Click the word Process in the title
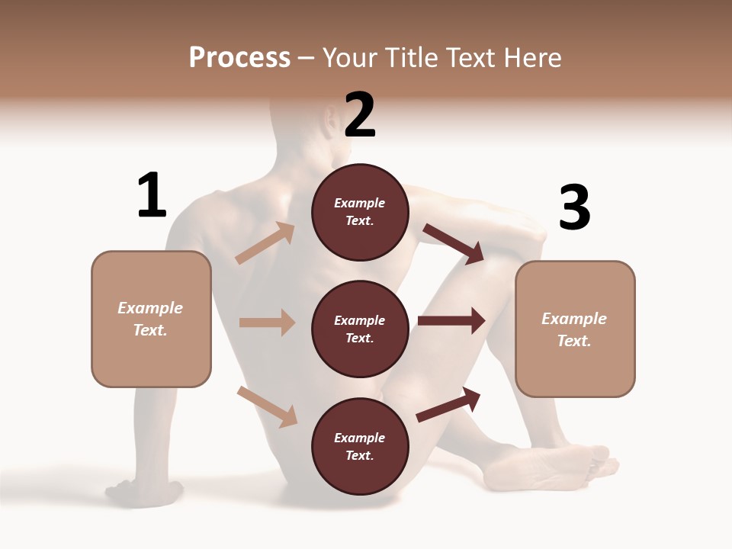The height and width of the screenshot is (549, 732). pos(239,58)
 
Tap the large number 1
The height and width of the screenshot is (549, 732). pos(152,196)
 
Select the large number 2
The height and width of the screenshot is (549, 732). pos(360,115)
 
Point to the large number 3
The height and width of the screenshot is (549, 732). pos(574,208)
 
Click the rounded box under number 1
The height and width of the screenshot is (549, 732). pos(151,319)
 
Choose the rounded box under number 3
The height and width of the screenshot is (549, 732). pos(575,329)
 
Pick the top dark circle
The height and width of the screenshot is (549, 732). pos(360,212)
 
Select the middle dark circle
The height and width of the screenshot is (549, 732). pos(360,329)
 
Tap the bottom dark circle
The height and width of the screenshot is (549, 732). pos(360,446)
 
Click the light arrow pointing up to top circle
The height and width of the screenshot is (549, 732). pos(265,243)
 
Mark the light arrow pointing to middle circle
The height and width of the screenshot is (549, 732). pos(267,323)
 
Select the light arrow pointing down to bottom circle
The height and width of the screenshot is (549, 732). pos(267,406)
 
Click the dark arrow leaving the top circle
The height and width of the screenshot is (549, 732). pos(454,243)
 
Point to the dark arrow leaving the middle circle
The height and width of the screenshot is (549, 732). pos(451,321)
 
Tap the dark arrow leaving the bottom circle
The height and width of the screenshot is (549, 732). pos(449,404)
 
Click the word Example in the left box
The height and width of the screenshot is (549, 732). pos(150,308)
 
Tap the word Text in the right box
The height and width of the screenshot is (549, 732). pos(574,341)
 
